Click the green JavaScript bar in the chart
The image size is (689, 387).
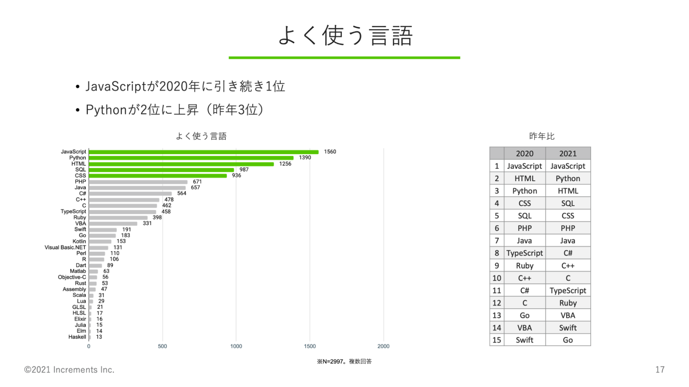click(203, 152)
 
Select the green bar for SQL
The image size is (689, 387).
click(161, 170)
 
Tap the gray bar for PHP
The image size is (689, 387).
click(138, 182)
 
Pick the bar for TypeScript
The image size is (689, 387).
click(122, 212)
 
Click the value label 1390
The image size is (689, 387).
click(305, 158)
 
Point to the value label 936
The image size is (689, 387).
click(236, 176)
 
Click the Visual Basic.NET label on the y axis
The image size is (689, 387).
click(65, 247)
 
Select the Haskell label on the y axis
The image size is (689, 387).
click(77, 337)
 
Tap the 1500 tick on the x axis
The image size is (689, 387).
click(310, 346)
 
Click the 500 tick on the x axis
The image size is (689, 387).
click(162, 346)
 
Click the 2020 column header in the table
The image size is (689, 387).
click(524, 154)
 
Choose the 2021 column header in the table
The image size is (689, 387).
click(568, 154)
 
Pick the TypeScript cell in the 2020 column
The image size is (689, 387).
click(524, 253)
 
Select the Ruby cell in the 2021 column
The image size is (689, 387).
click(568, 303)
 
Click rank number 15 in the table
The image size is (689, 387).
click(497, 340)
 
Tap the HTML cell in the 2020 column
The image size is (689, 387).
click(524, 179)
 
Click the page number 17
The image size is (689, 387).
click(660, 370)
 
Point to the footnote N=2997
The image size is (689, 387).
click(344, 362)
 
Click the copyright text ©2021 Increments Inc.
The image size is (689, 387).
click(69, 370)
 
